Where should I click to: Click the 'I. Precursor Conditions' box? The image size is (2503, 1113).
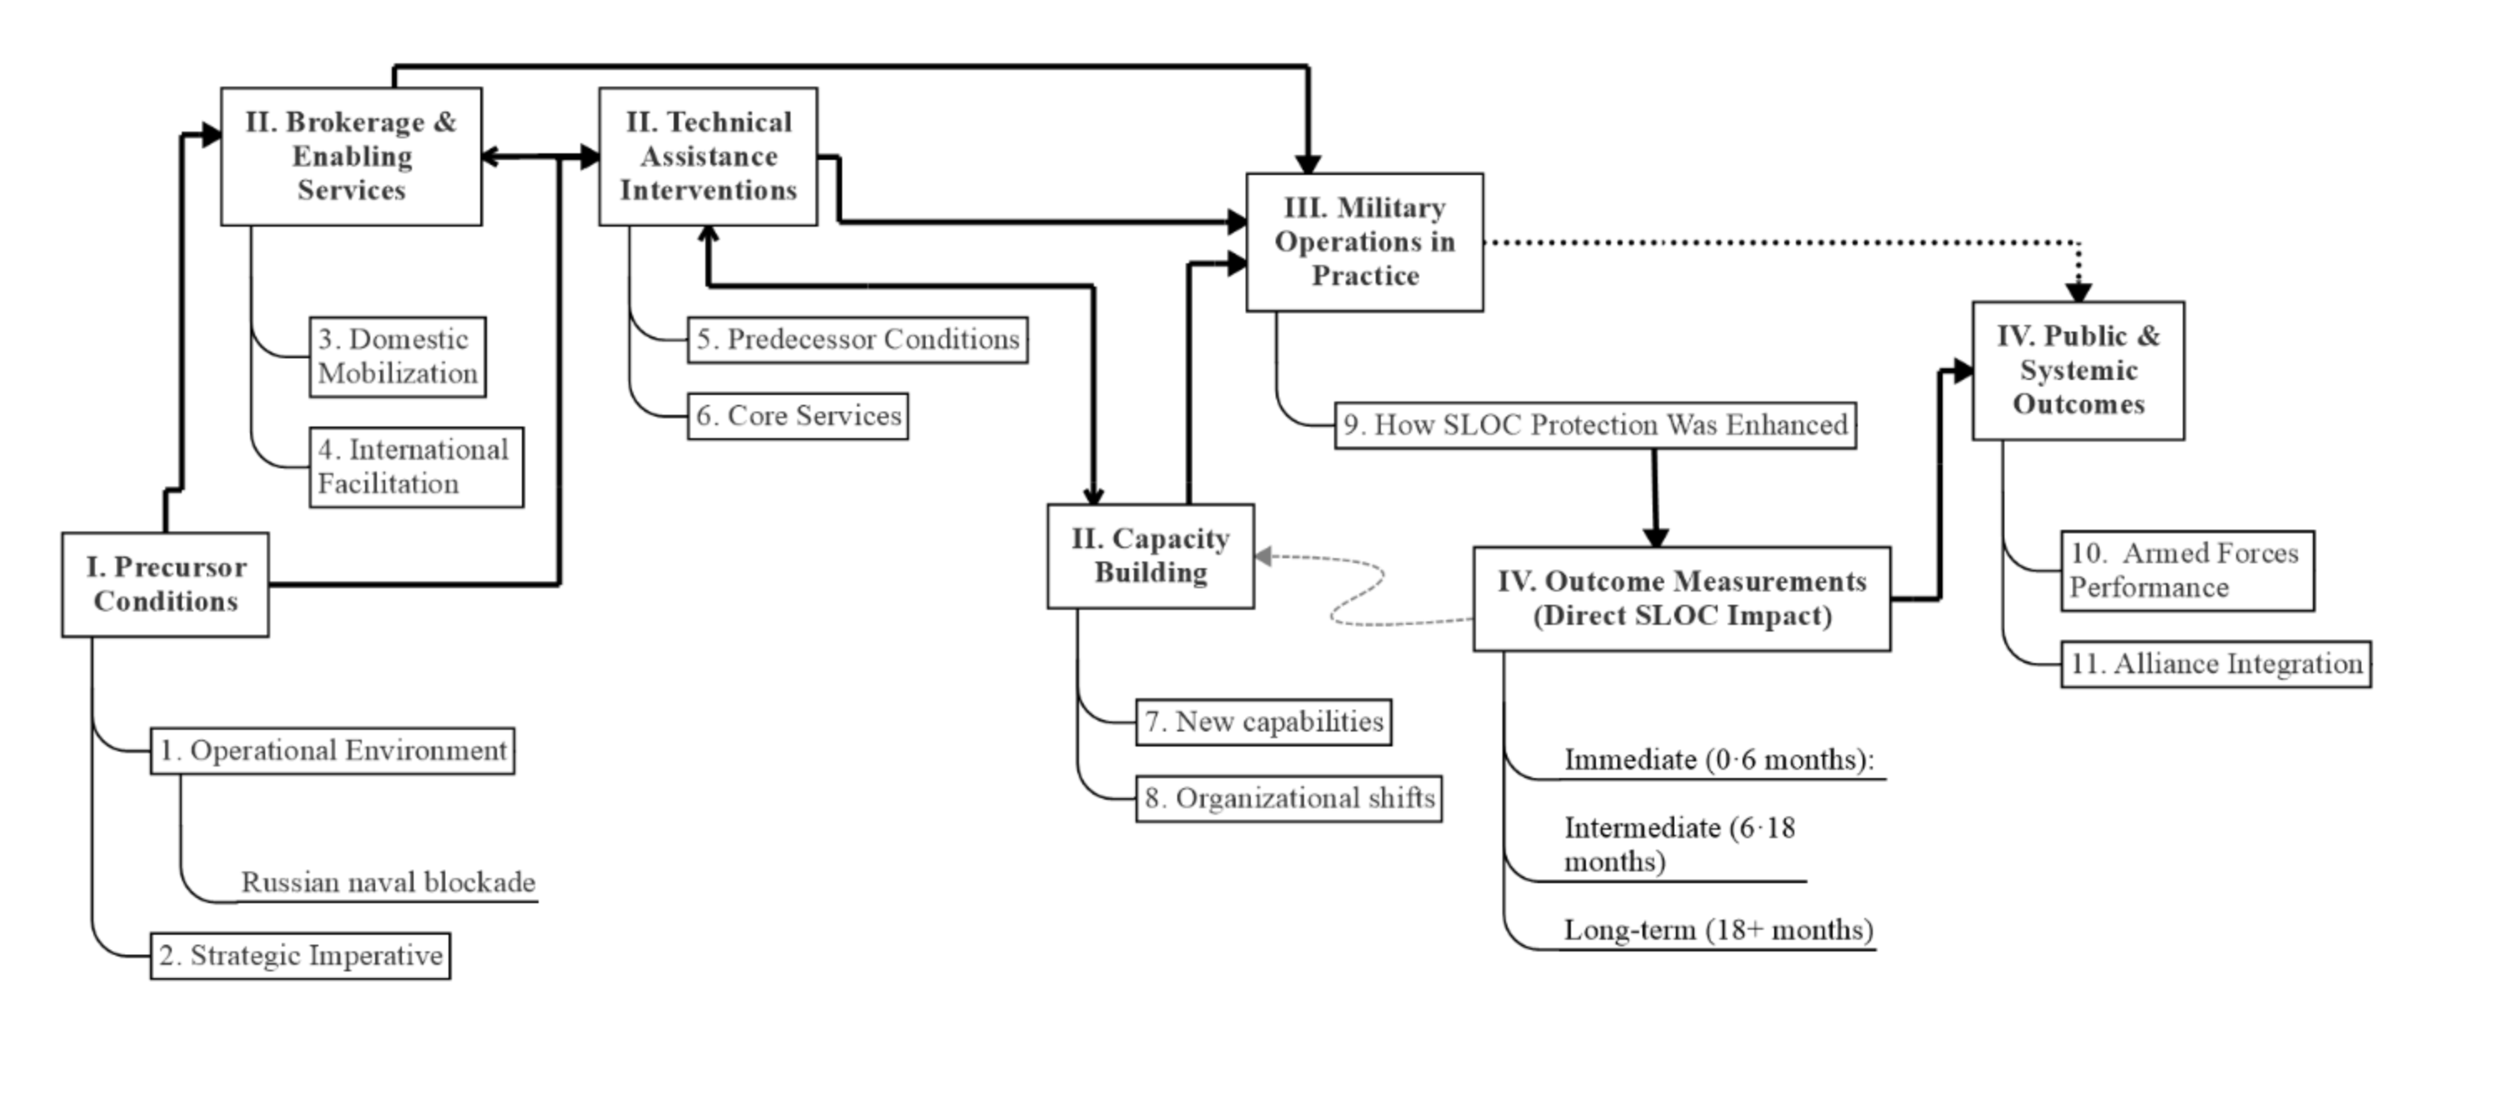(x=165, y=585)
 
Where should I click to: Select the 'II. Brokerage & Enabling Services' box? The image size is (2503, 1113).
(x=351, y=157)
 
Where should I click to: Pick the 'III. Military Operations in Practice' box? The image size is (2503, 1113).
(x=1364, y=242)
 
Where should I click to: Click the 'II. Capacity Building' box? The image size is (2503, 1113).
(x=1151, y=556)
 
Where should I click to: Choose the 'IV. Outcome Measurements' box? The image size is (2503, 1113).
(x=1681, y=598)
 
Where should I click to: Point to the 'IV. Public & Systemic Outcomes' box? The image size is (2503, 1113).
(x=2078, y=370)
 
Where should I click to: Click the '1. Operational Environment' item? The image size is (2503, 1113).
(x=333, y=751)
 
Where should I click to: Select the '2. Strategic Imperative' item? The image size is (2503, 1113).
(x=300, y=956)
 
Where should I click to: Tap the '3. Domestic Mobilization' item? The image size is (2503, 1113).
(x=398, y=357)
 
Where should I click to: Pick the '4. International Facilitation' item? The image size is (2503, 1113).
(x=416, y=467)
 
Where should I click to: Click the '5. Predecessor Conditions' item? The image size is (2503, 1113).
(x=857, y=340)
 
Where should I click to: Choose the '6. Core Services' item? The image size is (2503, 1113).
(x=798, y=417)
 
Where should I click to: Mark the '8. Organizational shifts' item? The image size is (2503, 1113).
(x=1288, y=798)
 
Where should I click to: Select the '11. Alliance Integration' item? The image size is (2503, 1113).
(x=2215, y=664)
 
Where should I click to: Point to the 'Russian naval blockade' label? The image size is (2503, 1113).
(x=388, y=883)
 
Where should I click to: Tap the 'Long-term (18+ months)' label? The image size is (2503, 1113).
(x=1718, y=931)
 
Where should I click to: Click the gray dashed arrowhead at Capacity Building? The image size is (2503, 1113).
(x=1263, y=556)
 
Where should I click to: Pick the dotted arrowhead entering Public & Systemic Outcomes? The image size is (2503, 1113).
(x=2079, y=291)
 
